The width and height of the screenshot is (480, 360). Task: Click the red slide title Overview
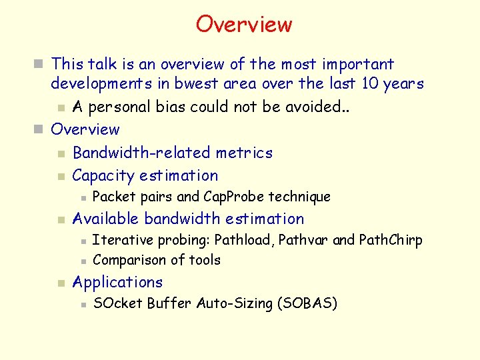click(243, 25)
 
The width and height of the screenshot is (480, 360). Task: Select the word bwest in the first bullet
click(195, 84)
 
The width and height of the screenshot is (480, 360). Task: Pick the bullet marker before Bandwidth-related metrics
click(61, 154)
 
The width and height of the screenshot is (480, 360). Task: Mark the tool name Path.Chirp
click(391, 240)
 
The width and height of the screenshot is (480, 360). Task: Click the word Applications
click(117, 282)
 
